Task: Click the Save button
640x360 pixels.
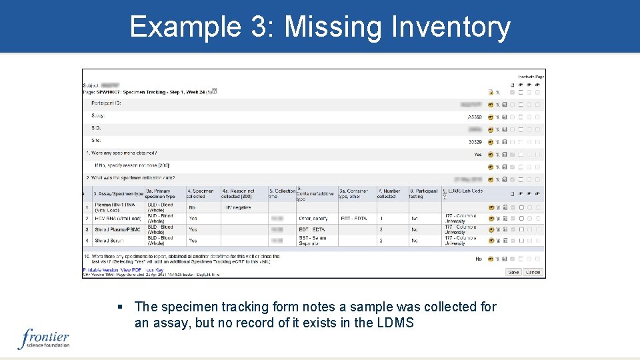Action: click(x=513, y=272)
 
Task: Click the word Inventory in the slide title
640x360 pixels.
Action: click(x=451, y=27)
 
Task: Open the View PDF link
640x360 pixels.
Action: click(x=131, y=270)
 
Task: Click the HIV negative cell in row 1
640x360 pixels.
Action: click(x=237, y=207)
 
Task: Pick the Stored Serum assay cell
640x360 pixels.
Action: click(x=110, y=241)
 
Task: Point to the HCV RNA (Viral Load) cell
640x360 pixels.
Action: click(x=117, y=218)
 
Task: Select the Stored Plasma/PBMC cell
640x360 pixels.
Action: click(x=117, y=229)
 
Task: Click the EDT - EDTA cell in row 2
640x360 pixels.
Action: click(x=353, y=218)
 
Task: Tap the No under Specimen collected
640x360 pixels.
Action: click(x=192, y=207)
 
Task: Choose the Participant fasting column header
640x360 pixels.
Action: click(x=424, y=193)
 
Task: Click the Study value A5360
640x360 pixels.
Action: click(x=475, y=117)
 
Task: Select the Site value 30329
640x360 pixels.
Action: click(x=475, y=142)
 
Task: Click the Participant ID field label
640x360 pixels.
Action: click(x=107, y=103)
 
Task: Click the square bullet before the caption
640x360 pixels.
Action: click(x=120, y=307)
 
